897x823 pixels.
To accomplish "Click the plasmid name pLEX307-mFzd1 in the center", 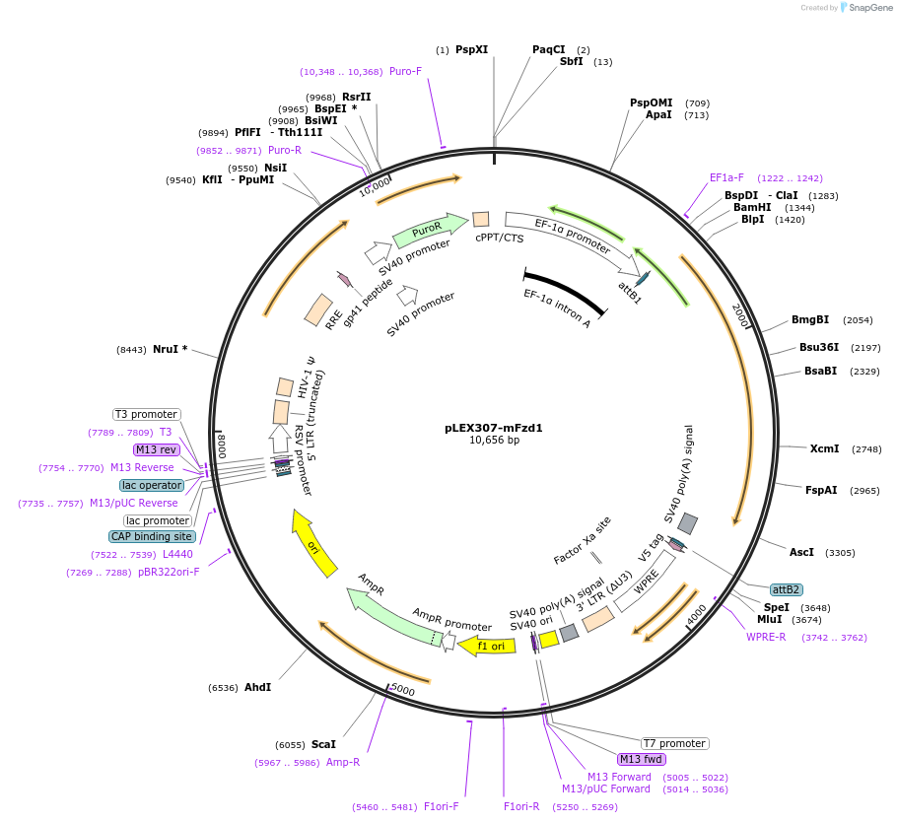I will [493, 428].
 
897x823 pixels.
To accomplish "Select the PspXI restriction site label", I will [471, 49].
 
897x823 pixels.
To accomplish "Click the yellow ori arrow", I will [315, 543].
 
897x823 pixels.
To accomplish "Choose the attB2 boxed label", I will [786, 588].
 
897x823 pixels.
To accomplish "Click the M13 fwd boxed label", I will [641, 759].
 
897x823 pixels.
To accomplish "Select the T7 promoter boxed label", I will [674, 743].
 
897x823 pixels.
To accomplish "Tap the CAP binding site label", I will [152, 536].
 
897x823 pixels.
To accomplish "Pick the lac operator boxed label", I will [152, 485].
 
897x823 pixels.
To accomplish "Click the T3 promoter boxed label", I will [146, 414].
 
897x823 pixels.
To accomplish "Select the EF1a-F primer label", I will [726, 178].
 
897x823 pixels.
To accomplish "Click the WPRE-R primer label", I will [766, 637].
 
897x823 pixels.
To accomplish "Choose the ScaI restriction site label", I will [323, 745].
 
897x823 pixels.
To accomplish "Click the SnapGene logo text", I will [869, 8].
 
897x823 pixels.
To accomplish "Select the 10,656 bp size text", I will [494, 441].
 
